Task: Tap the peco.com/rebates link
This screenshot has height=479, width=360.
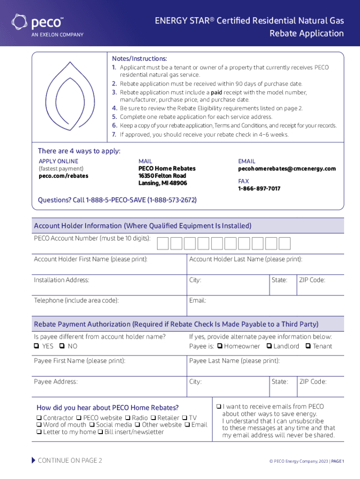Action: (63, 176)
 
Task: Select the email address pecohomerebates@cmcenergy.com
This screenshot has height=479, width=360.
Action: (287, 168)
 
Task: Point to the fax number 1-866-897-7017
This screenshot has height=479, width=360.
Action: (259, 189)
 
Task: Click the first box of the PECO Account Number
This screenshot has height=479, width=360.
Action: (163, 243)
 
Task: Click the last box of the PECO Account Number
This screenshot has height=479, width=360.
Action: (285, 243)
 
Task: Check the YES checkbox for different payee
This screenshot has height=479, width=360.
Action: (36, 347)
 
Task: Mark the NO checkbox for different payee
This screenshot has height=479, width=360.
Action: (62, 347)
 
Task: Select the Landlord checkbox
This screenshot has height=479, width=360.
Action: (269, 347)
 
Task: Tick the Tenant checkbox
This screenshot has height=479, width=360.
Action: (308, 347)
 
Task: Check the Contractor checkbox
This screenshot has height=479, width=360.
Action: (39, 418)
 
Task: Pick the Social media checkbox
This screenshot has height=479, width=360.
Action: (92, 425)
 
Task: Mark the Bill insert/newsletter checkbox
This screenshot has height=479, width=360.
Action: (101, 432)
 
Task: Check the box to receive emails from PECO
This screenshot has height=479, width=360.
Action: (219, 406)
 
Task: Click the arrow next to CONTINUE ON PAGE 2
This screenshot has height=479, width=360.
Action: (33, 460)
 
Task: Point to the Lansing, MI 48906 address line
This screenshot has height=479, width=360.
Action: (162, 183)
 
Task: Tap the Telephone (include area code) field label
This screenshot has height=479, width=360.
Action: (76, 300)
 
